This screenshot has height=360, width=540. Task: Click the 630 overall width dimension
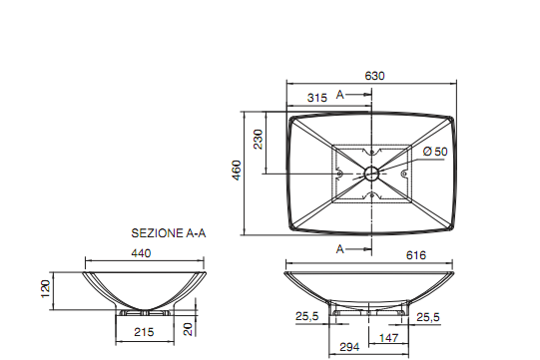point(375,76)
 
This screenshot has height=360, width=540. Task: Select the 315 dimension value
point(317,98)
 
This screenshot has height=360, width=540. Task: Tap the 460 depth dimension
point(237,172)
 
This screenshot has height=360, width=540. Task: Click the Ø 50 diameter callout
point(434,151)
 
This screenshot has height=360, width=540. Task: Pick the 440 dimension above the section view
point(141,254)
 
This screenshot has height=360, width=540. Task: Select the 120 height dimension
point(44,289)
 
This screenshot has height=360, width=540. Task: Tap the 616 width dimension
point(416,255)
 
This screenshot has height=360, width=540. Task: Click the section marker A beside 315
point(340,95)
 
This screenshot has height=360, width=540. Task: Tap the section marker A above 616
point(340,246)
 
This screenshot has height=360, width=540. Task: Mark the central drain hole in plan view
point(371,174)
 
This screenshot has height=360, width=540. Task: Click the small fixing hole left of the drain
point(339,174)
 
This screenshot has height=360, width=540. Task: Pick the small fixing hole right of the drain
point(404,174)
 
